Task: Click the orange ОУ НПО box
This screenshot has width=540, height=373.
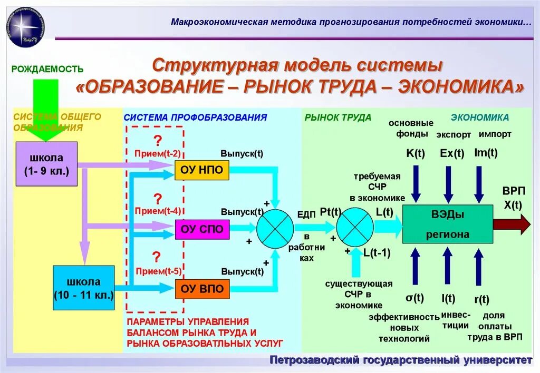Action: (x=202, y=170)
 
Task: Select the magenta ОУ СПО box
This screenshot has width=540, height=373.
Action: (x=202, y=229)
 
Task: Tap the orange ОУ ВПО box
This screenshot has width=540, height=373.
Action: (x=202, y=288)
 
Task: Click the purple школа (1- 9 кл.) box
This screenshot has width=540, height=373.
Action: (x=46, y=164)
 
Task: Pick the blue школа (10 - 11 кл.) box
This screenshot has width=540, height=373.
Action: (x=84, y=288)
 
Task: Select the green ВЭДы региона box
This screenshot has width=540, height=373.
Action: (x=448, y=224)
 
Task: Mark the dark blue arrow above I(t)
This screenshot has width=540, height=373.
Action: (x=448, y=266)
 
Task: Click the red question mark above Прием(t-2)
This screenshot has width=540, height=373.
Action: (x=157, y=141)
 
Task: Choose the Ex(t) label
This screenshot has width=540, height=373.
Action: (x=452, y=153)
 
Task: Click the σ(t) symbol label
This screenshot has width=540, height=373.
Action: (x=414, y=298)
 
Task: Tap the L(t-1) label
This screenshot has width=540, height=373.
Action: (x=377, y=252)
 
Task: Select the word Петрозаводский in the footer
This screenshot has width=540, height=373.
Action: (x=314, y=360)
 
